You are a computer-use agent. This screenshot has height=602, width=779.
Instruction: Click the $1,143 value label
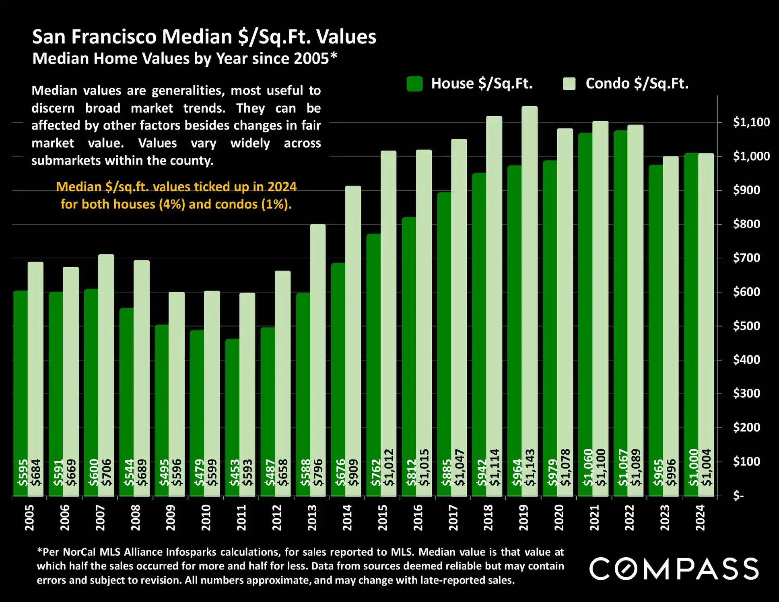point(530,467)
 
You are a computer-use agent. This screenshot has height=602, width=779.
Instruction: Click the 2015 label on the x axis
point(382,517)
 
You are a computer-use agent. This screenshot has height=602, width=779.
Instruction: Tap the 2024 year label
point(700,517)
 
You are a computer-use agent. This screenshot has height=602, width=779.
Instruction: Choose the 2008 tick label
point(136,517)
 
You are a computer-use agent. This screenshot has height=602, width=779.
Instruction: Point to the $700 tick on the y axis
point(746,258)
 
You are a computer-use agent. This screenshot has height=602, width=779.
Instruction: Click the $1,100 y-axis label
point(751,122)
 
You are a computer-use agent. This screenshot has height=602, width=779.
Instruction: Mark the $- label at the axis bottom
point(738,496)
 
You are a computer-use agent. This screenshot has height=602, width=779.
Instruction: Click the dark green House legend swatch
point(414,84)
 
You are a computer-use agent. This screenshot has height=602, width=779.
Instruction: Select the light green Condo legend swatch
point(569,84)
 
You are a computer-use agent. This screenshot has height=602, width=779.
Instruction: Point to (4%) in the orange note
point(172,204)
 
